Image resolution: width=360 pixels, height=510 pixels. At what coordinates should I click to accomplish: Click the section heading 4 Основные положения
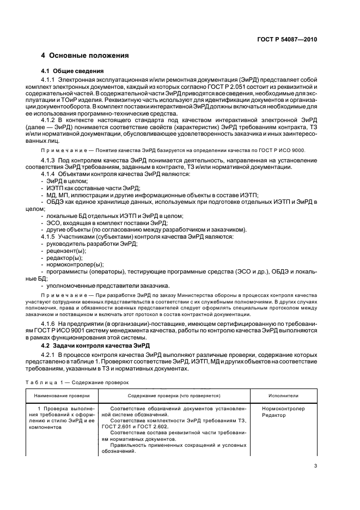click(x=85, y=56)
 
